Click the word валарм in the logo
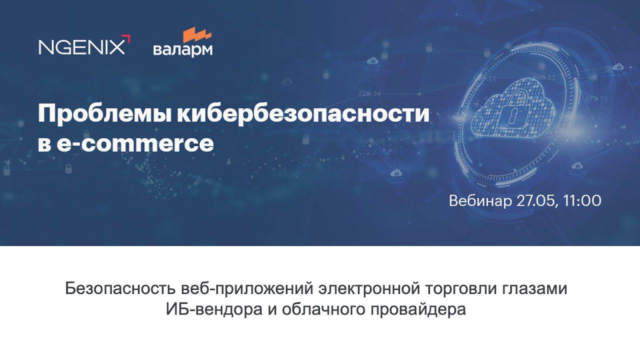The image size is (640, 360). [182, 50]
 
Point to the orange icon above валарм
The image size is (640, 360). [196, 35]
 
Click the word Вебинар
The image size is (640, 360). [480, 201]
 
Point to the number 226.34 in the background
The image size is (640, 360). [369, 93]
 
